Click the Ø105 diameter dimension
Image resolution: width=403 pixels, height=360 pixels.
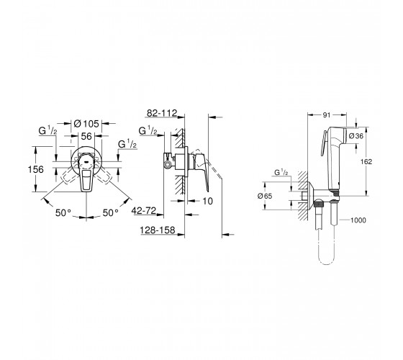(x=86, y=124)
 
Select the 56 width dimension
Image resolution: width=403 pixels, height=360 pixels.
(x=86, y=136)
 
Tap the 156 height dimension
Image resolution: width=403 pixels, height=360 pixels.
(x=36, y=169)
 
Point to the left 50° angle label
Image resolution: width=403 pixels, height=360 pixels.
(x=63, y=213)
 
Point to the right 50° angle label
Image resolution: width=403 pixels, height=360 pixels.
(x=111, y=213)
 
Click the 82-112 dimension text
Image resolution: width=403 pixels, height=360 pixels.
(x=162, y=113)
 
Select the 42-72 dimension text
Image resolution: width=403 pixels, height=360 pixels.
(x=144, y=211)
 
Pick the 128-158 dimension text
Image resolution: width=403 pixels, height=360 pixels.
(x=158, y=230)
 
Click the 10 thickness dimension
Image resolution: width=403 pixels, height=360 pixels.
(x=208, y=201)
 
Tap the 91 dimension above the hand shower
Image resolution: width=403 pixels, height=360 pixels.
(x=327, y=115)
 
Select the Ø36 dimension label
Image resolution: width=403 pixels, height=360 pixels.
(x=356, y=136)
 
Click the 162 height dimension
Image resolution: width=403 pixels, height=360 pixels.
(x=366, y=161)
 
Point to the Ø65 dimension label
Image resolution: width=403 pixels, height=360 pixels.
(x=265, y=196)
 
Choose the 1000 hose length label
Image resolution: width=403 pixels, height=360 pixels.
(x=358, y=220)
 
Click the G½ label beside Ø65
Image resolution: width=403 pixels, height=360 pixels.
(x=281, y=172)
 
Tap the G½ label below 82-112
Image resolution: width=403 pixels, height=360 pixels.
(x=148, y=131)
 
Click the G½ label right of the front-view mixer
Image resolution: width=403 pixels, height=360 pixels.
(x=127, y=144)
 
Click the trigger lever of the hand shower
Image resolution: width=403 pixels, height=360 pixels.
(x=323, y=143)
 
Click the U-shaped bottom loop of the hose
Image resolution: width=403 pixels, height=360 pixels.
(x=326, y=264)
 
